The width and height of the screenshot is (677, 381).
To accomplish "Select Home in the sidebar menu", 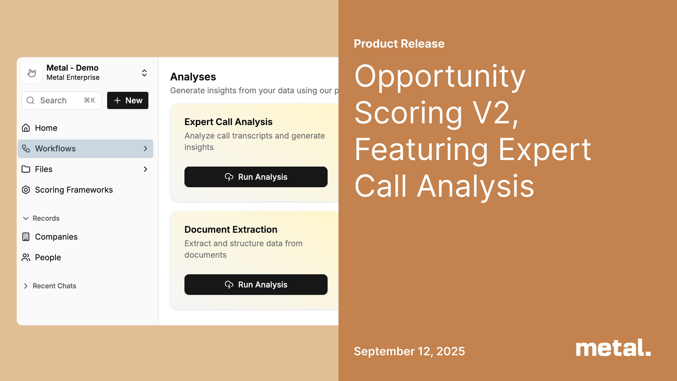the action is point(46,128).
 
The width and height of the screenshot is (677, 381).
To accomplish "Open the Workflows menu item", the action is point(85,149).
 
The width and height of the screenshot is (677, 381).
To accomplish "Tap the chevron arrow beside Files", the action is point(145,169).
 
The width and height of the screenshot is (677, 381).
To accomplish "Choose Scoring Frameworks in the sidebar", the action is point(74,190).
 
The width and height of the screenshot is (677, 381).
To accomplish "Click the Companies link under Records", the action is point(56,237).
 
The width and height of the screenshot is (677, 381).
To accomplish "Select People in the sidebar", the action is point(48,257).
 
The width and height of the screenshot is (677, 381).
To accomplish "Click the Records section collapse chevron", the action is point(26,218).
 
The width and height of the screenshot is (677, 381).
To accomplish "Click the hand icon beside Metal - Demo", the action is point(32,73).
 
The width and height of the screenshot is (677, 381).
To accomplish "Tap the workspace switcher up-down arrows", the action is point(144,73).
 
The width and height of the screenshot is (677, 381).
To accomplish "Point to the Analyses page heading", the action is point(193,77).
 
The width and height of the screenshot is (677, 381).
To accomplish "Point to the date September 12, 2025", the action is point(409,351).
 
